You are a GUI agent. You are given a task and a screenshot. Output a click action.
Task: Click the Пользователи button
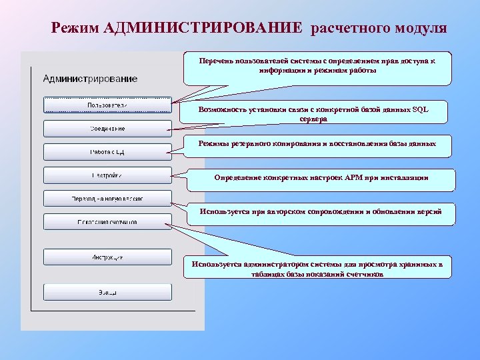[x=107, y=105]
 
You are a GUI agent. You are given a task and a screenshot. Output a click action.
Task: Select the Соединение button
[x=107, y=128]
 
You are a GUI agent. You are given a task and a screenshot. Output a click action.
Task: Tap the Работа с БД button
[x=107, y=151]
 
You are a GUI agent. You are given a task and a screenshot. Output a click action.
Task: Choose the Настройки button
[x=107, y=175]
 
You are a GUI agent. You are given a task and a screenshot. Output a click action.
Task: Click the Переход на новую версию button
[x=107, y=199]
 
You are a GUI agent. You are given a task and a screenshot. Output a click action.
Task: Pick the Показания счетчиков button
[x=107, y=221]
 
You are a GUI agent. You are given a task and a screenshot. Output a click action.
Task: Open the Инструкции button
[x=107, y=257]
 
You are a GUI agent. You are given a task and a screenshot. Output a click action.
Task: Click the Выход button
[x=107, y=292]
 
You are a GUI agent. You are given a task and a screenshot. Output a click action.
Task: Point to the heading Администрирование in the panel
[x=90, y=79]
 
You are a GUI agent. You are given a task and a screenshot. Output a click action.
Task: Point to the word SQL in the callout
[x=421, y=109]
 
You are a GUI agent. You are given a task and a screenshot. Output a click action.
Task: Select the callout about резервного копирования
[x=317, y=144]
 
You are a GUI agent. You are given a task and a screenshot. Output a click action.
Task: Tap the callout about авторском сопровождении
[x=317, y=212]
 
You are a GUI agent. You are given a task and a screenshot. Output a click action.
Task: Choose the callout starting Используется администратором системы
[x=317, y=269]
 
